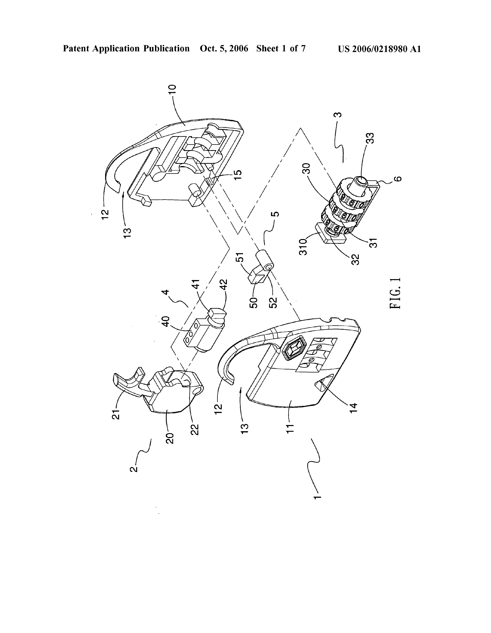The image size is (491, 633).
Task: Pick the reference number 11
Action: tap(290, 428)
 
